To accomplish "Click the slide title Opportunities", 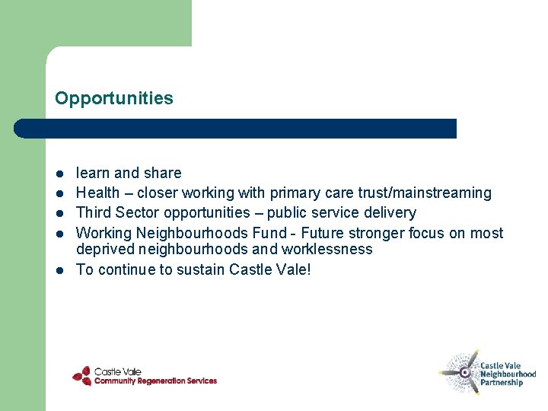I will click(x=114, y=99).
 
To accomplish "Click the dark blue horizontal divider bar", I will click(x=236, y=129).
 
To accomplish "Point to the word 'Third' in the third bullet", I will click(x=93, y=212).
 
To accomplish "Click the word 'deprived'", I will click(x=104, y=250).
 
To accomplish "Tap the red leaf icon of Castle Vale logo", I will click(x=81, y=375).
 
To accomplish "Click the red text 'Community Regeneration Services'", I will click(x=155, y=381).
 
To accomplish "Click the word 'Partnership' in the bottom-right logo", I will click(x=502, y=383).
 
